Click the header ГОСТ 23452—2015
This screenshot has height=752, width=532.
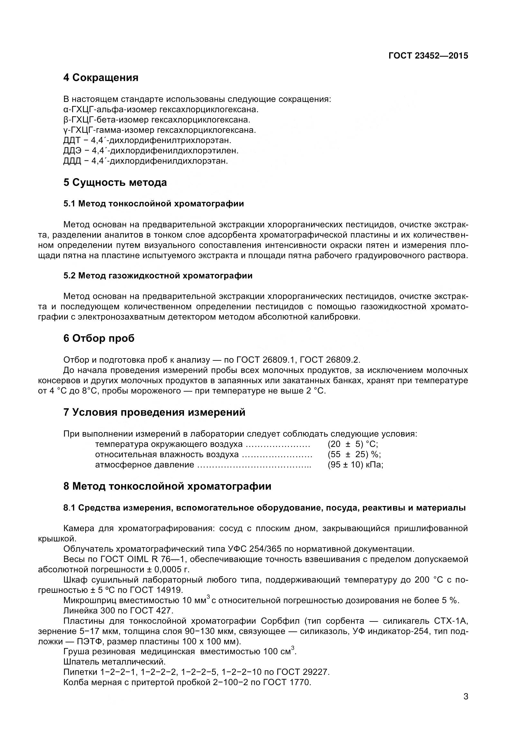428,56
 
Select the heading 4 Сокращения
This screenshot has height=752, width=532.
101,78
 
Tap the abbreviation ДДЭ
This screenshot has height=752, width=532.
72,151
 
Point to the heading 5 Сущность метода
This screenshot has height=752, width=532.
115,182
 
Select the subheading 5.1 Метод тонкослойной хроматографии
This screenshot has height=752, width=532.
154,204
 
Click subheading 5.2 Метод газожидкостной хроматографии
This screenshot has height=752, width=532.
158,276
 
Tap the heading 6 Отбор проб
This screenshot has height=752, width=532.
99,338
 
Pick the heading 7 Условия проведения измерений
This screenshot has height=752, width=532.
154,412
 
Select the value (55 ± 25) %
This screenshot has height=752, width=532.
354,454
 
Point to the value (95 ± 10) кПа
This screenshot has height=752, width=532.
355,465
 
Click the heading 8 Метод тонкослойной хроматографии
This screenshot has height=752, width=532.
167,486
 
